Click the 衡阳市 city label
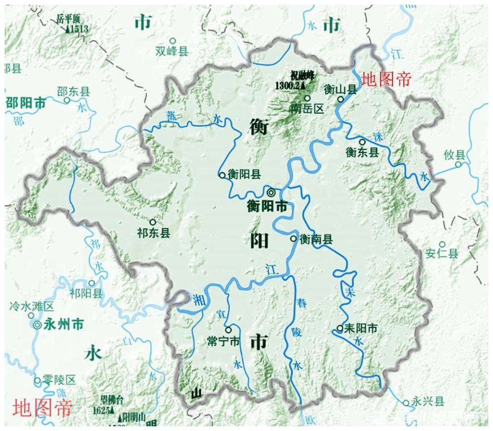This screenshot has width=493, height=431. (267, 207)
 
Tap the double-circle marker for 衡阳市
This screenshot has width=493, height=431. (271, 192)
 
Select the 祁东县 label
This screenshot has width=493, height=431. (154, 232)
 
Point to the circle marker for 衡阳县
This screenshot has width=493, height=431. (222, 174)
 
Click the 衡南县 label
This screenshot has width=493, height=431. (316, 239)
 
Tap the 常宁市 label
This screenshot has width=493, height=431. (223, 341)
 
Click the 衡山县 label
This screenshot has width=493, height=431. (340, 89)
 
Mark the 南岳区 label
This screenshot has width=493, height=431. (307, 109)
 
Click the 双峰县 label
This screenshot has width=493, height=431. (172, 51)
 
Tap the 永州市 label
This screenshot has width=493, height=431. (64, 324)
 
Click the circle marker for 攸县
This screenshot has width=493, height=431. (458, 164)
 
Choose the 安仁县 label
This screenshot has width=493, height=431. (442, 254)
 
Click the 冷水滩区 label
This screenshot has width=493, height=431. (31, 307)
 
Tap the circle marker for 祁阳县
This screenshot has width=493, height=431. (92, 283)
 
